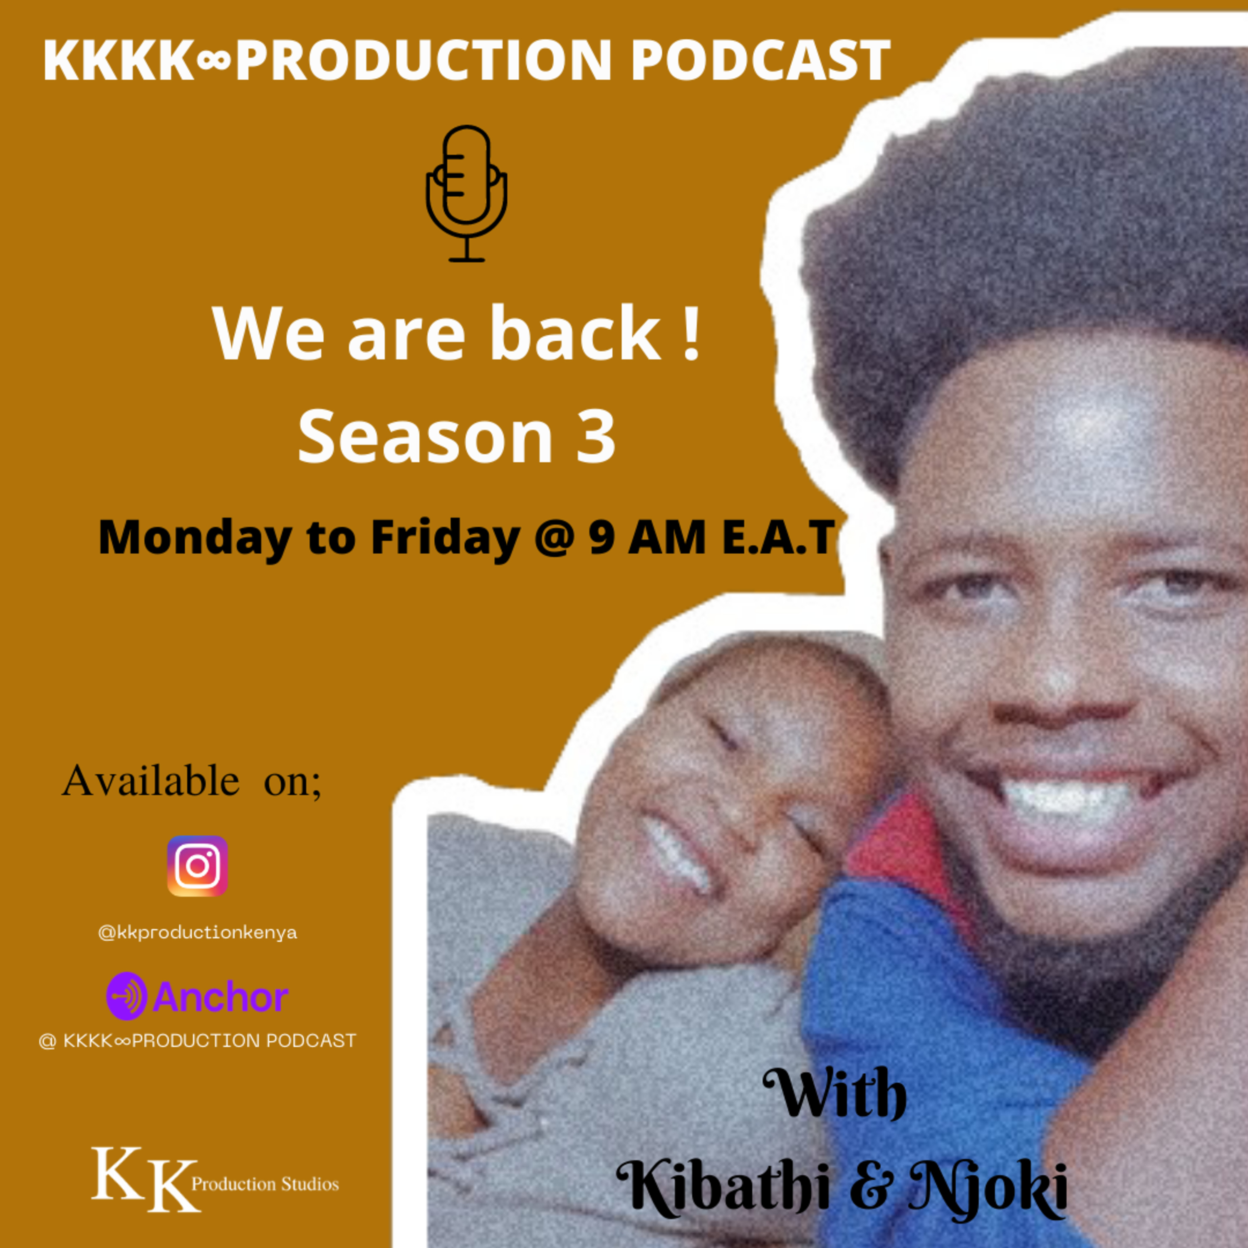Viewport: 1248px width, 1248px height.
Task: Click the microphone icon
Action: tap(466, 194)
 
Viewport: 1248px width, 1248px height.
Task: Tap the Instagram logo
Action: tap(198, 866)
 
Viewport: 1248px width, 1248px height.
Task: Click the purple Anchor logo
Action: tap(198, 996)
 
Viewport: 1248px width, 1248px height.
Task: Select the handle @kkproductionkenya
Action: tap(198, 933)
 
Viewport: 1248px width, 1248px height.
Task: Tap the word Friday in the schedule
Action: tap(446, 539)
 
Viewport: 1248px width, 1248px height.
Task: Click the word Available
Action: tap(151, 780)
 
